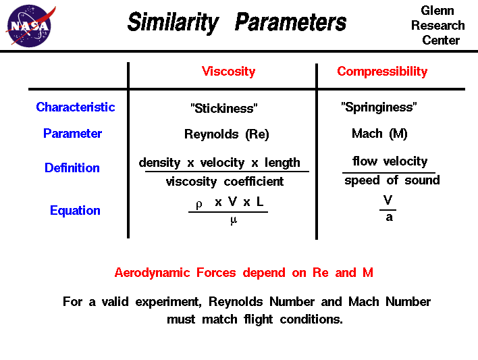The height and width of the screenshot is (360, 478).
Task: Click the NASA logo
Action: click(28, 25)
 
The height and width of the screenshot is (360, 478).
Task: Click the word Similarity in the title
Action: click(173, 23)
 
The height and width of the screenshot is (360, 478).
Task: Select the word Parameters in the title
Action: click(290, 23)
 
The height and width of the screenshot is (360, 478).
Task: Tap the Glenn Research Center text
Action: click(437, 26)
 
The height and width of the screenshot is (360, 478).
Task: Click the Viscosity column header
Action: click(228, 72)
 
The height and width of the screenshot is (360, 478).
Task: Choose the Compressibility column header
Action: click(382, 72)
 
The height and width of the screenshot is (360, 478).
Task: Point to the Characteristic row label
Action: click(75, 107)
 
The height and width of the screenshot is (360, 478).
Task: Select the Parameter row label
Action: click(72, 134)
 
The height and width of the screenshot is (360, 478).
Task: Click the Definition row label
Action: click(72, 168)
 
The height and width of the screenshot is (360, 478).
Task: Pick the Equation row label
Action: click(75, 211)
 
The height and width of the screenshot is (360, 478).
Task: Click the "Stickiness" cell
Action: click(224, 108)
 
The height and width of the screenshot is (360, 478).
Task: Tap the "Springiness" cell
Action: click(379, 107)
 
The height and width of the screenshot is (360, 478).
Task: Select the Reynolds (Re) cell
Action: click(226, 134)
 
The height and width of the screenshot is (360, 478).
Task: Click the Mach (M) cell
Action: click(379, 134)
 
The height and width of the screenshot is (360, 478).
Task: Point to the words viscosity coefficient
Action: click(225, 182)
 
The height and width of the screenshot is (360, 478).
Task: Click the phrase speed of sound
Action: click(392, 180)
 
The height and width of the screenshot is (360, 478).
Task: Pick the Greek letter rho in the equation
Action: click(198, 203)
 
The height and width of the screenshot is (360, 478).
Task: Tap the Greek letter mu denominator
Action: click(234, 220)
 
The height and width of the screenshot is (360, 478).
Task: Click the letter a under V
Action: click(389, 217)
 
